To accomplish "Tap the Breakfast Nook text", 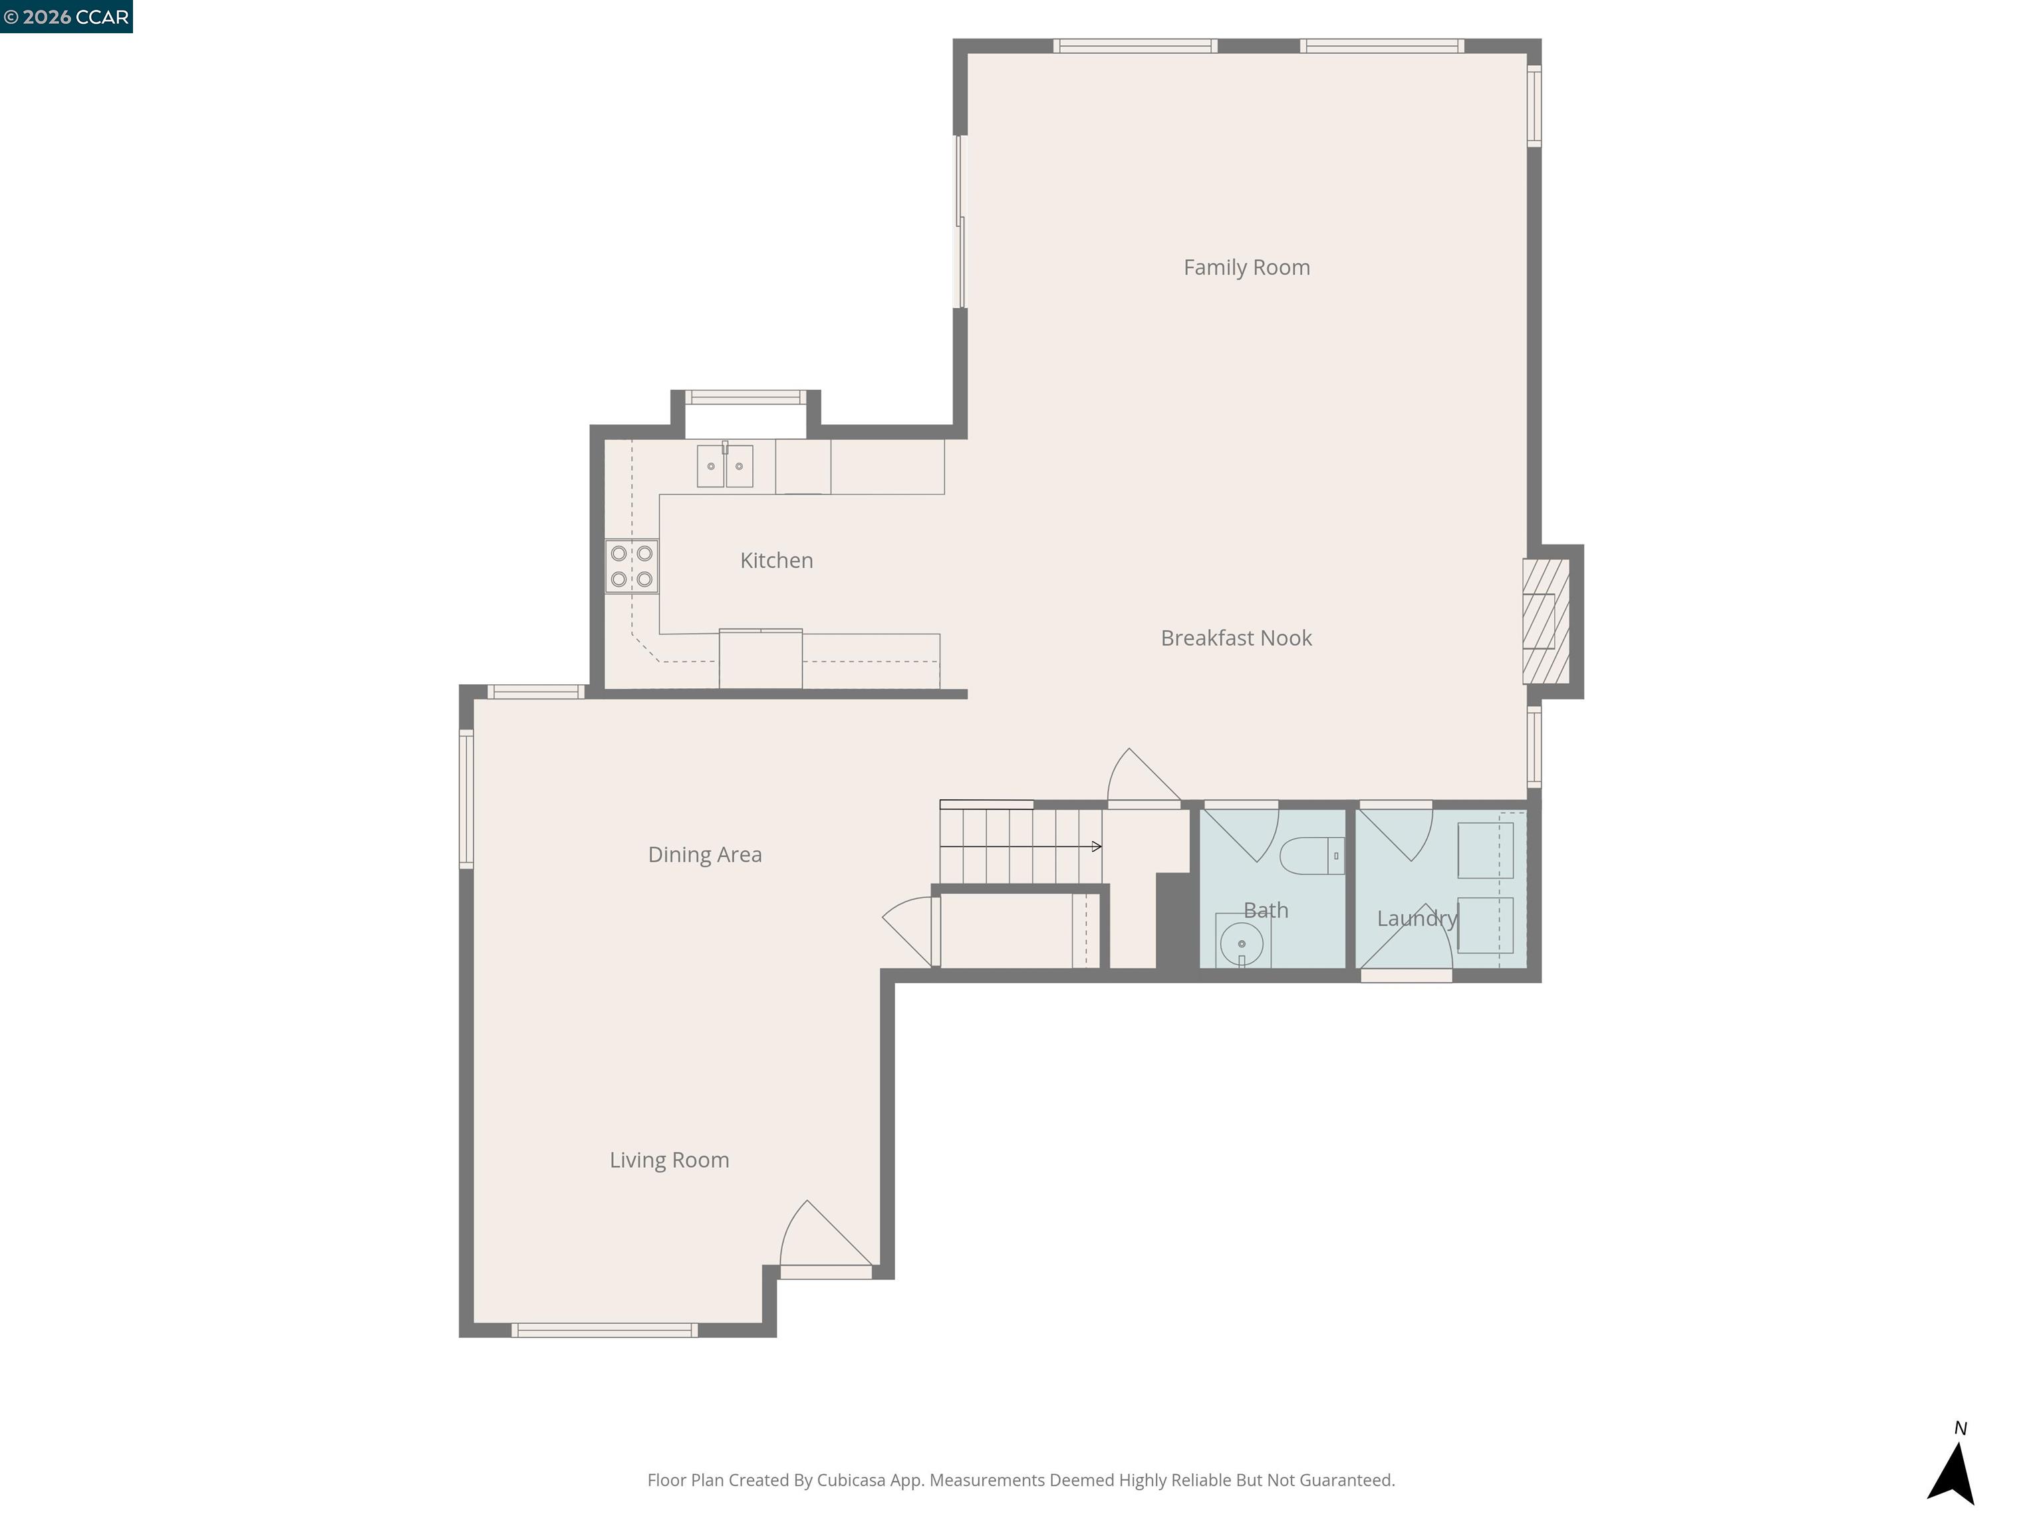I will [1236, 638].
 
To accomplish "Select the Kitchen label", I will [776, 561].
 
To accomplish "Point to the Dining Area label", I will [705, 855].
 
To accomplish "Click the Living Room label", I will [668, 1160].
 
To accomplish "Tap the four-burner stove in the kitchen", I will [632, 566].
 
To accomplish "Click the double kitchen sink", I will [725, 465].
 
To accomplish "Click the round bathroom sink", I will [1242, 943].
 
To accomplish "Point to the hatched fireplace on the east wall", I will [1546, 622].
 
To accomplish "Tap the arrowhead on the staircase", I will [1096, 846].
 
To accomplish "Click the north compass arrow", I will [1952, 1475].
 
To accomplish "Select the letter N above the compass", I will [1960, 1428].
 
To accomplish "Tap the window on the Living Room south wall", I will [605, 1330].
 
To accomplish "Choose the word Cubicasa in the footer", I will [851, 1480].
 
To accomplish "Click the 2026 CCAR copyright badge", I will [67, 17].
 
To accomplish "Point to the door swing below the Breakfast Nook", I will [1140, 781].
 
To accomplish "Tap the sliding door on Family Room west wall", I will [960, 221].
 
